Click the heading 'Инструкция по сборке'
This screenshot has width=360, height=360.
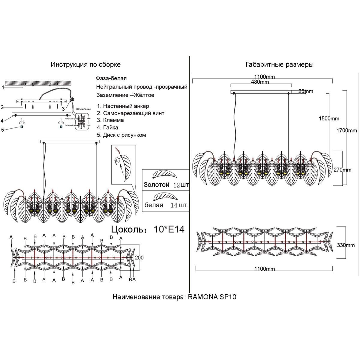pos(85,64)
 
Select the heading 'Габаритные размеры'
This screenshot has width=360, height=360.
pos(279,64)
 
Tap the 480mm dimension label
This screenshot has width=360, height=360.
pos(260,82)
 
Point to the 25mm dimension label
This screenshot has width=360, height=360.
pos(306,91)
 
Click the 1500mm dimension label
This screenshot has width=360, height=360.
pos(329,118)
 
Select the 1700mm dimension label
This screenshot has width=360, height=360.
pos(346,130)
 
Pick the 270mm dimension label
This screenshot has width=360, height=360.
pos(342,170)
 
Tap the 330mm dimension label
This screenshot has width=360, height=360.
pos(346,245)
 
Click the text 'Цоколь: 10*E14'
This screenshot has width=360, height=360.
pos(148,229)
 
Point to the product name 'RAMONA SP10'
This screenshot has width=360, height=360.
pos(212,297)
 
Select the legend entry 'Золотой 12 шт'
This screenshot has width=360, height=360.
pos(166,185)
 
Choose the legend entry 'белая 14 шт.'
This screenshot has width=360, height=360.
pos(166,205)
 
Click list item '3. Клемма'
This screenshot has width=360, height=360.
pos(110,120)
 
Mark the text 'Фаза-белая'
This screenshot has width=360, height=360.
pos(111,78)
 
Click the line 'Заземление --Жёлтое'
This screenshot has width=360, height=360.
pos(125,95)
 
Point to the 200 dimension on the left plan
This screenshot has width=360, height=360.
pos(139,257)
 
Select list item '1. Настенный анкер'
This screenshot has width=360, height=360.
pos(123,106)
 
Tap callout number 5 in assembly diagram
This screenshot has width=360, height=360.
pos(3,130)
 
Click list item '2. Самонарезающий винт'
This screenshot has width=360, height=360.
pos(130,113)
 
